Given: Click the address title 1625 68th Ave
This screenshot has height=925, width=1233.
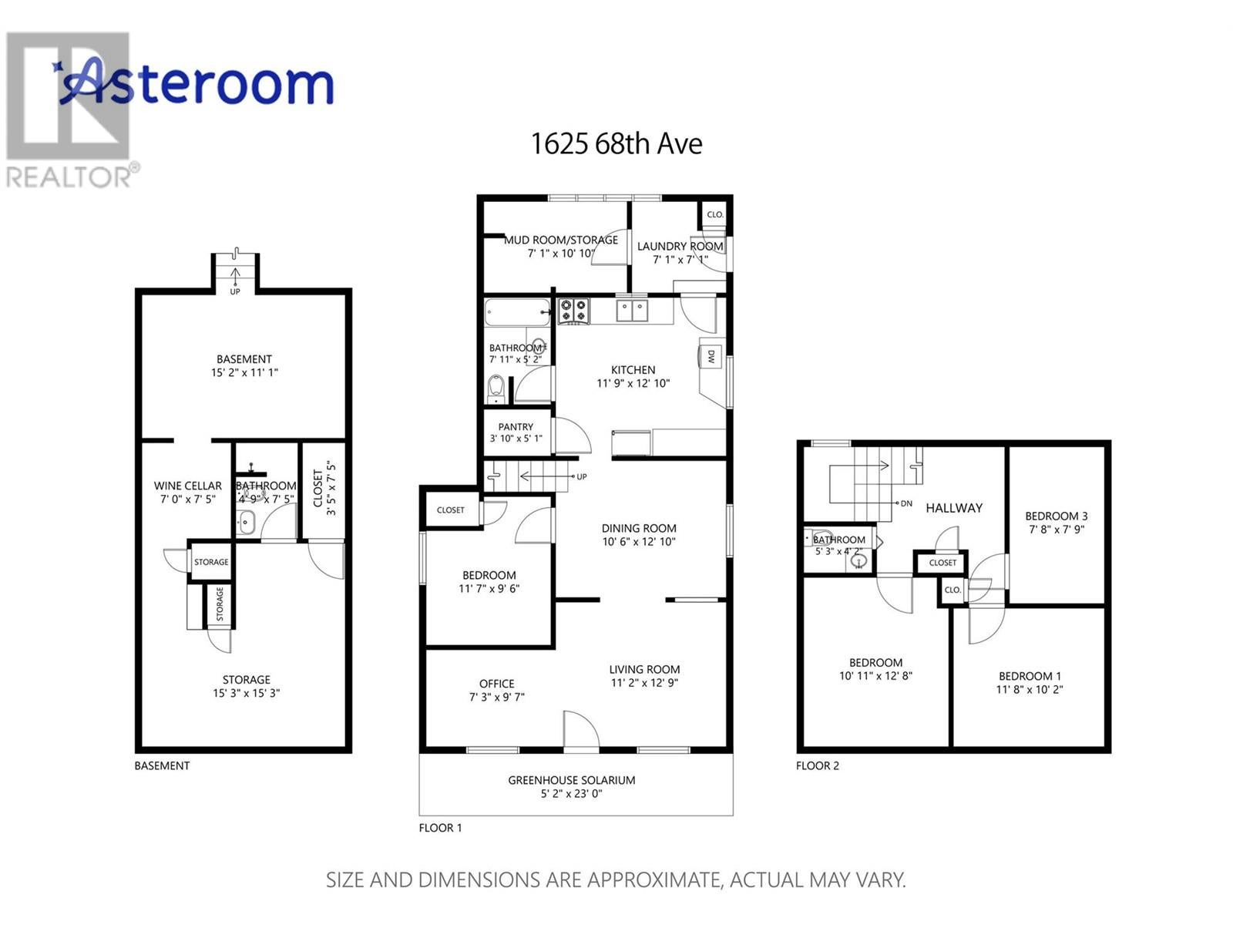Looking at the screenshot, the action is click(x=616, y=144).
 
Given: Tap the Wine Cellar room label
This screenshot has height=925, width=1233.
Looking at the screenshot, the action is click(x=187, y=486).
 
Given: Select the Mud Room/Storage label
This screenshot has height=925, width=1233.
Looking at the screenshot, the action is click(x=560, y=240).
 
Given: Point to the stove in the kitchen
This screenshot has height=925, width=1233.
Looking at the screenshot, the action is click(x=573, y=311).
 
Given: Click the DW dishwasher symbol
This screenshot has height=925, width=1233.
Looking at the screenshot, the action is click(x=710, y=355).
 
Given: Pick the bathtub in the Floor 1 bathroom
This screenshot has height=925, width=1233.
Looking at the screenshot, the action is click(x=517, y=312).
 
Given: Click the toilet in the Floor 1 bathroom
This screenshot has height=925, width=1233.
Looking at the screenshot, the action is click(x=496, y=388).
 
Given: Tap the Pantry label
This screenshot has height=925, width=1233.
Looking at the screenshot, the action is click(x=516, y=427).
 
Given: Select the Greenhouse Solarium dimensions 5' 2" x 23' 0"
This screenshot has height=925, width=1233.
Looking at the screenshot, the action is click(x=571, y=794).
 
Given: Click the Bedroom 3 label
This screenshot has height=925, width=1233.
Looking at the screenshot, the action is click(x=1056, y=516).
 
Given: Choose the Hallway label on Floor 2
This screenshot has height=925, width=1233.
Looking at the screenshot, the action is click(x=954, y=508).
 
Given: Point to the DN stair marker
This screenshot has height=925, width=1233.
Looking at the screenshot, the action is click(x=906, y=503).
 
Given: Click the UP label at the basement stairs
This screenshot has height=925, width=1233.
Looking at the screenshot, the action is click(x=235, y=291).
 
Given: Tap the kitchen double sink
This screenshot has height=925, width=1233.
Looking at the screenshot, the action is click(x=632, y=311).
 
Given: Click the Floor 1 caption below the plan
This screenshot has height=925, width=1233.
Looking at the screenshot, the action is click(x=440, y=828).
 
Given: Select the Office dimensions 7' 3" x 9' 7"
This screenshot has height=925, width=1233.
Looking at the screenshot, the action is click(x=496, y=697).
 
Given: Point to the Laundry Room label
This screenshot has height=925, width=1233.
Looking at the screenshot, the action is click(x=680, y=246).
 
